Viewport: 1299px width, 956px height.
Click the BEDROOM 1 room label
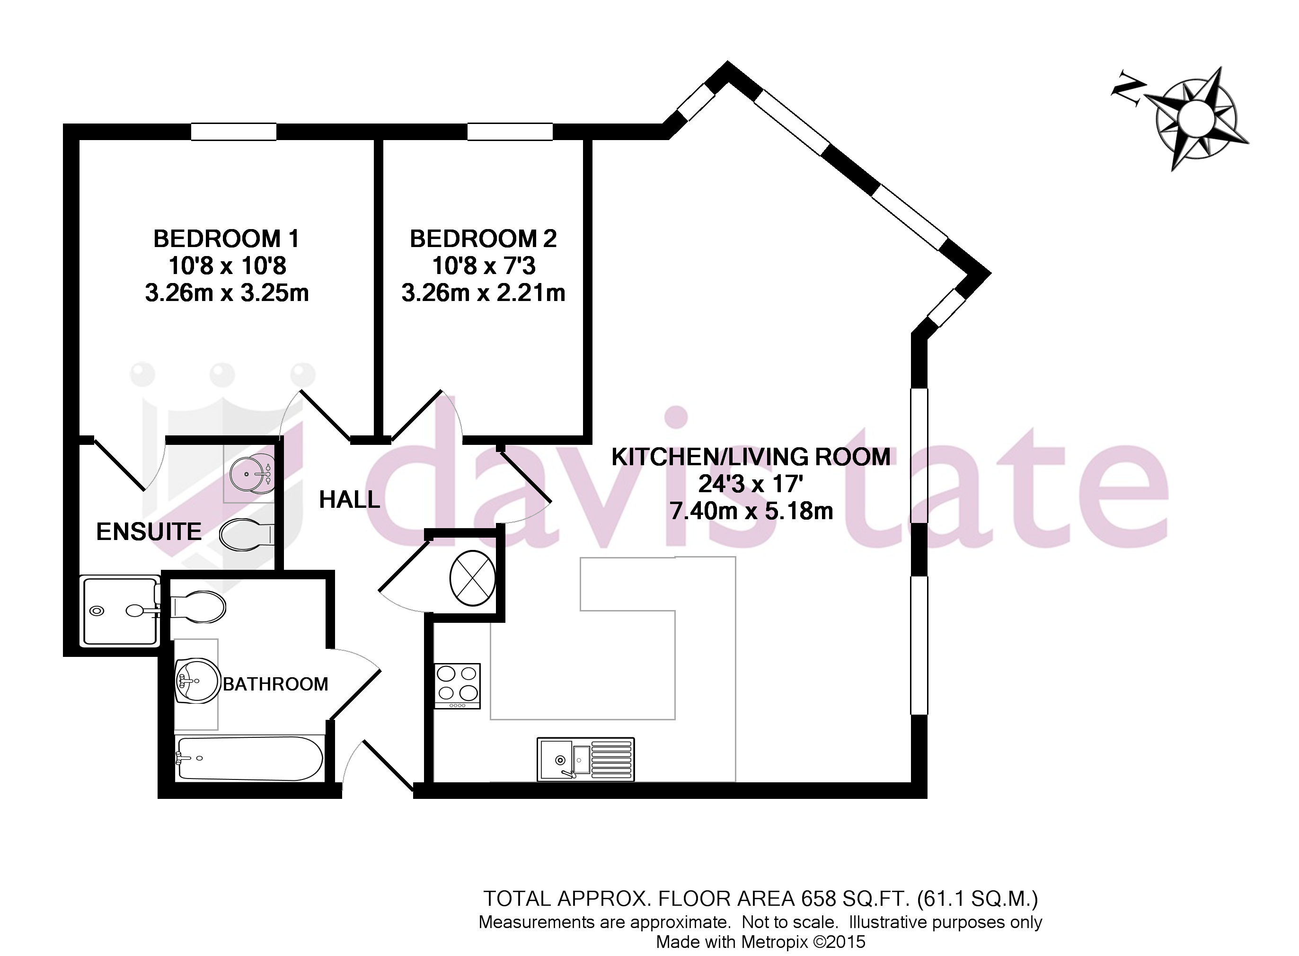click(226, 239)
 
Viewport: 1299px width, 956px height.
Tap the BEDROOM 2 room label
click(483, 239)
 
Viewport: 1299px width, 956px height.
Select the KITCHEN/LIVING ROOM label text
click(751, 457)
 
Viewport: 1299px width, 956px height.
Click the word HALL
click(350, 500)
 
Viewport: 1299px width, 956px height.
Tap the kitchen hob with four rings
click(458, 686)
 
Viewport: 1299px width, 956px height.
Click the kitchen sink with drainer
click(585, 759)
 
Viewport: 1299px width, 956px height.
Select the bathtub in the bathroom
click(249, 759)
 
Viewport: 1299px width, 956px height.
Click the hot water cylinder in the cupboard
click(472, 578)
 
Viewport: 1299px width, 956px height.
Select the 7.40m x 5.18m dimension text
click(751, 511)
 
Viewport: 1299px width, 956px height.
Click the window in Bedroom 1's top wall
click(234, 132)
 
